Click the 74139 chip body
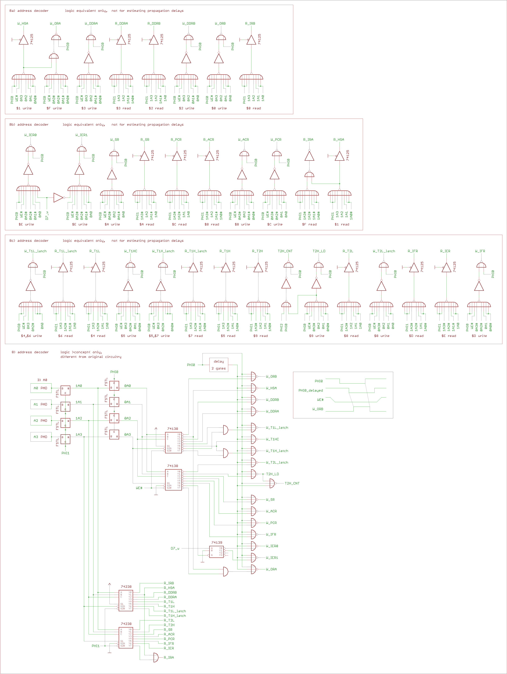[216, 552]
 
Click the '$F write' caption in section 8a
[54, 108]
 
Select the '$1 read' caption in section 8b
[342, 224]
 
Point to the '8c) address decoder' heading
[29, 241]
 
